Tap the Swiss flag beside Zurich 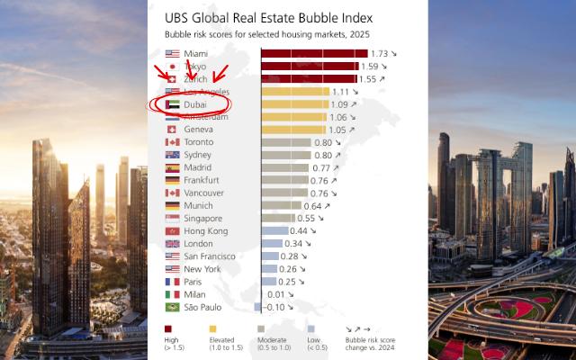pos(173,79)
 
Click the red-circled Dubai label pos(195,105)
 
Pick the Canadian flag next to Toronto pos(173,142)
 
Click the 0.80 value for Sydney pos(323,155)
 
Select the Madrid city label pos(198,167)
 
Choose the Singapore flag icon pos(173,219)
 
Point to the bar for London pos(272,244)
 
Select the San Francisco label pos(210,256)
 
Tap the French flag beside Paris pos(173,282)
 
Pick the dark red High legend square pos(168,329)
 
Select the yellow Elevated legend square pos(212,329)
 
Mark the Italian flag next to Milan pos(173,294)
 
